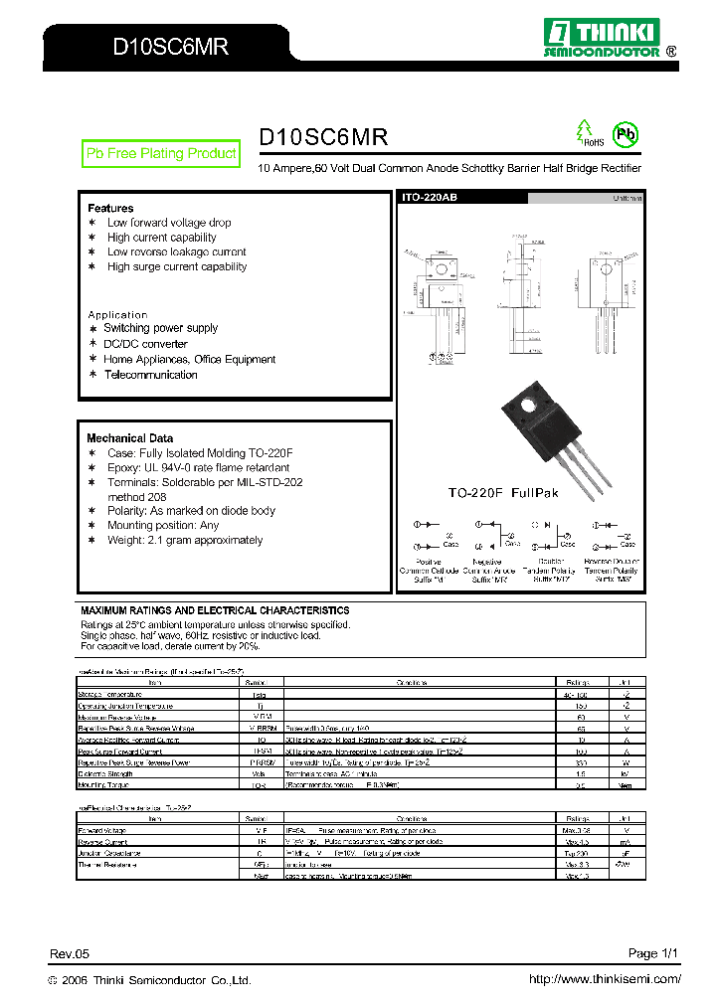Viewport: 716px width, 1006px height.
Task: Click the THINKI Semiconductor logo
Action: tap(609, 37)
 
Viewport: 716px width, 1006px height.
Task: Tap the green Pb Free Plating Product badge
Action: tap(161, 153)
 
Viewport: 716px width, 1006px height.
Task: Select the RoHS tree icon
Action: tap(586, 133)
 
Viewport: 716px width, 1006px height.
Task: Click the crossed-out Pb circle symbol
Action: tap(625, 134)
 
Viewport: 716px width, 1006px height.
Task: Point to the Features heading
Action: tap(110, 208)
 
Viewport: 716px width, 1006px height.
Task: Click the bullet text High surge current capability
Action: tap(177, 266)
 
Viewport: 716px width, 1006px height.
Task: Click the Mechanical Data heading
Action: tap(129, 437)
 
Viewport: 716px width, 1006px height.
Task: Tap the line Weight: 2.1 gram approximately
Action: tap(185, 540)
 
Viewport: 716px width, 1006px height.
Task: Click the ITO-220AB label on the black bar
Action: tap(429, 199)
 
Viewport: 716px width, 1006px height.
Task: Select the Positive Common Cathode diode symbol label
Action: tap(430, 567)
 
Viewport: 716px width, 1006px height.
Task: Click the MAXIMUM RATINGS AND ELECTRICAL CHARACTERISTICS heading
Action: tap(215, 609)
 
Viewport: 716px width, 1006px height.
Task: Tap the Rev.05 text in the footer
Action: tap(70, 953)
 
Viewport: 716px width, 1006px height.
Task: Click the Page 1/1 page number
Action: tap(653, 953)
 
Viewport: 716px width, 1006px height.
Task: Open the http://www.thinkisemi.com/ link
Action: tap(605, 979)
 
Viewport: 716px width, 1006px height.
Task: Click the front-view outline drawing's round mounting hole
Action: tap(438, 269)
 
